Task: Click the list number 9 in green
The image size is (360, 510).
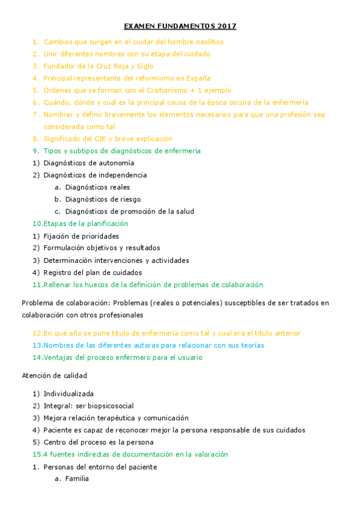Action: click(x=35, y=151)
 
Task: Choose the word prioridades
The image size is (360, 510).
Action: click(x=98, y=236)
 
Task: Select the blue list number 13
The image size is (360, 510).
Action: click(x=37, y=345)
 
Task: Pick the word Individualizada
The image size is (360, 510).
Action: click(x=69, y=394)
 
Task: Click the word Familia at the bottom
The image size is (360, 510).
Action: click(x=77, y=479)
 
